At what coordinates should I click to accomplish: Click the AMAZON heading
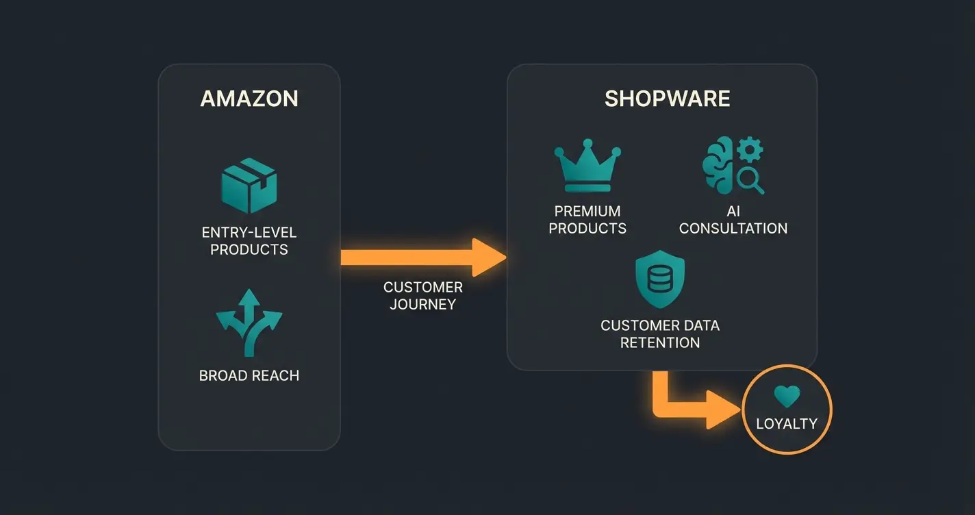(x=249, y=99)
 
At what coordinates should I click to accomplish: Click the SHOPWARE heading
(x=667, y=99)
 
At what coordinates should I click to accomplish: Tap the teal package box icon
(x=249, y=184)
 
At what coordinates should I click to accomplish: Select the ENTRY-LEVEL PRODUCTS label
(x=249, y=241)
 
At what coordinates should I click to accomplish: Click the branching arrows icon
(x=249, y=322)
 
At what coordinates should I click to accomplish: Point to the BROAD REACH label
(x=249, y=375)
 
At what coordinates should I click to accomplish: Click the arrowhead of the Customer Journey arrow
(x=490, y=257)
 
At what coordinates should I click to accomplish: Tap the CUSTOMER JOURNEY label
(x=422, y=296)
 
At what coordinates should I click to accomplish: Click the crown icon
(x=587, y=168)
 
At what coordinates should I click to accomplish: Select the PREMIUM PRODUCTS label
(x=587, y=220)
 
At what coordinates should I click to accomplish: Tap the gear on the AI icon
(x=751, y=149)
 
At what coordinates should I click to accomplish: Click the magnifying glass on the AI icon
(x=752, y=181)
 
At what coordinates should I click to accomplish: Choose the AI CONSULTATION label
(x=733, y=220)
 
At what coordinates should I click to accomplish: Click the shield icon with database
(x=660, y=280)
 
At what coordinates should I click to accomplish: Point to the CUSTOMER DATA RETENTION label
(x=660, y=334)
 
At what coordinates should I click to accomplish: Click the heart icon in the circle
(x=787, y=396)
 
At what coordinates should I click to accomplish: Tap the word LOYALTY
(x=787, y=423)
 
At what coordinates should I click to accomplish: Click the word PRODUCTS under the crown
(x=587, y=229)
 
